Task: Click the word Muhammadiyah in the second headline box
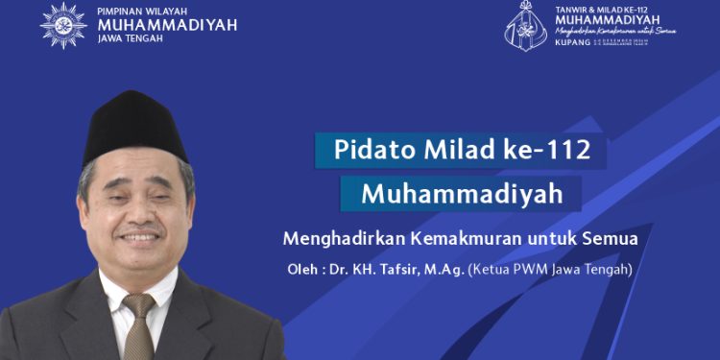click(x=461, y=194)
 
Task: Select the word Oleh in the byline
click(x=302, y=270)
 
